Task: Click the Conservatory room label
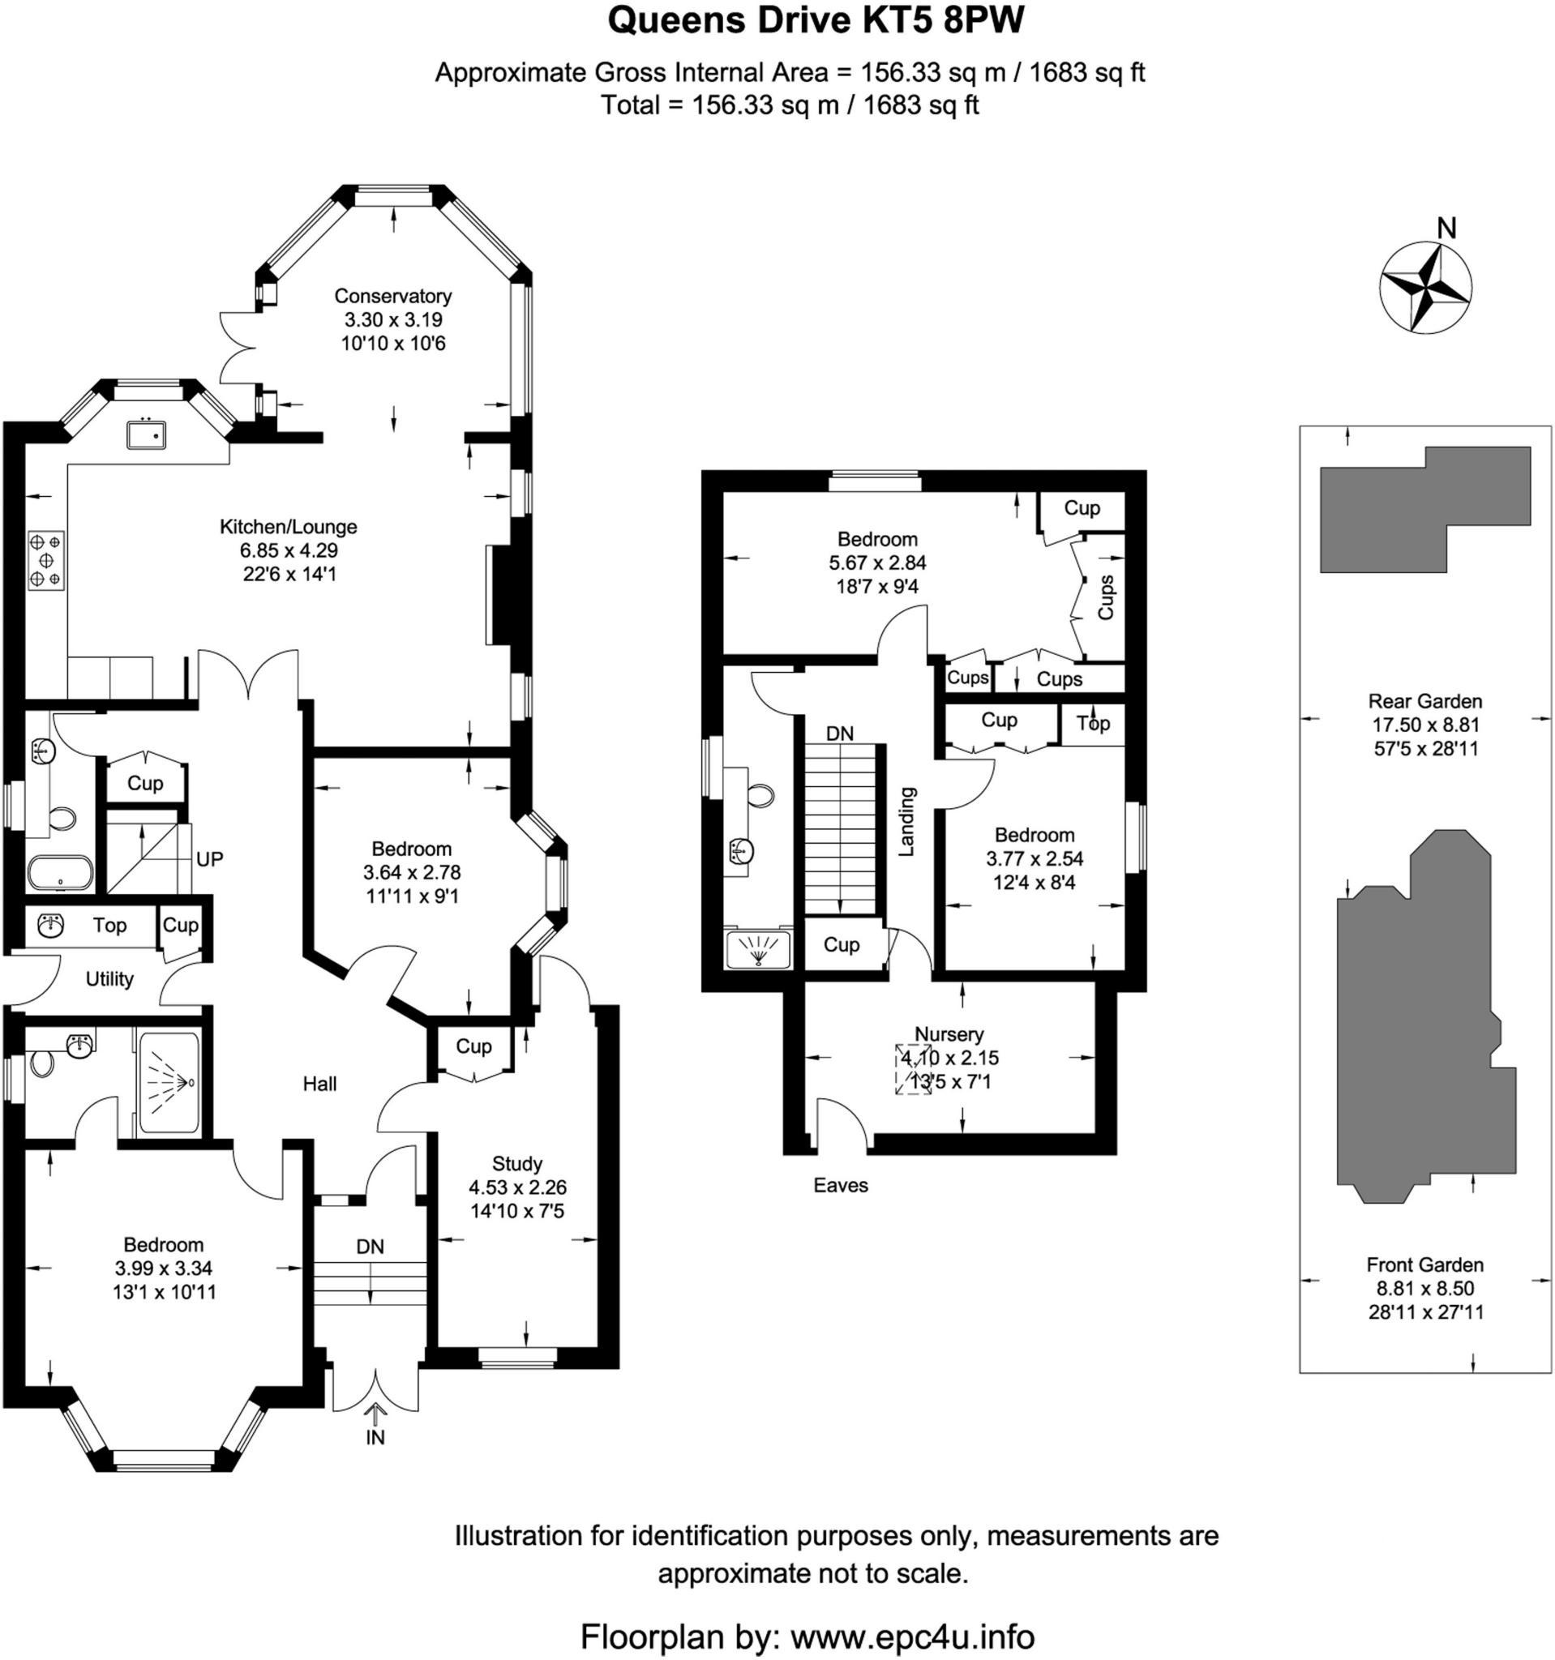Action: click(392, 296)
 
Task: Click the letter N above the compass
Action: click(1447, 228)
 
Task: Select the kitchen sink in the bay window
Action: click(146, 434)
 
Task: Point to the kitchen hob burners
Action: click(46, 559)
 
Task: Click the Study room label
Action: click(517, 1163)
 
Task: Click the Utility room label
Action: click(109, 978)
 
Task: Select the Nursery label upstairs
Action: click(949, 1034)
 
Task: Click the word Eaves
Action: click(841, 1185)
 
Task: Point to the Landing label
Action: click(906, 821)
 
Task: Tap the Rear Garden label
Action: click(1424, 701)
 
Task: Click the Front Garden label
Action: click(1424, 1265)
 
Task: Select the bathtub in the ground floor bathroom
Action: click(60, 874)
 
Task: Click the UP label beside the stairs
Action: click(210, 859)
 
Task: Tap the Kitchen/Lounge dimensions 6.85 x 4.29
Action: click(289, 550)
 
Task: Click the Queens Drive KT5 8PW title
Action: click(816, 21)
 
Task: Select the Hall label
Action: click(320, 1084)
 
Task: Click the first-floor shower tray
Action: click(758, 949)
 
